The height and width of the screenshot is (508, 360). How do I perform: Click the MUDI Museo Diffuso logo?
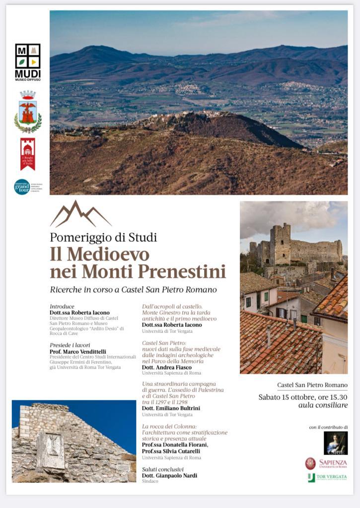tap(28, 62)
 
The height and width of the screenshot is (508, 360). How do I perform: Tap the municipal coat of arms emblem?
tap(28, 112)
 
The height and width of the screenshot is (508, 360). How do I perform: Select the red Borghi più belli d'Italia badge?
tap(28, 153)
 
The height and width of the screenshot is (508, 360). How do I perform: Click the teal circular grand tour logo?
tap(22, 187)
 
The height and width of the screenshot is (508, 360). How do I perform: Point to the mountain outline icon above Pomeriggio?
tap(80, 214)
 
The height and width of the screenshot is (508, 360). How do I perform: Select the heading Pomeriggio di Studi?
tap(103, 237)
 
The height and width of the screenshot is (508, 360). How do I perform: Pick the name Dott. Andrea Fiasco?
tap(166, 367)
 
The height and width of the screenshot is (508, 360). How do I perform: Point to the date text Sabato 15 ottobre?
tap(286, 397)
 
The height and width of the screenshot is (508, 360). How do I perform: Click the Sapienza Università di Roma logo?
tap(326, 463)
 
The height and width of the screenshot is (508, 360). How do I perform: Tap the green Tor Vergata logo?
tap(327, 477)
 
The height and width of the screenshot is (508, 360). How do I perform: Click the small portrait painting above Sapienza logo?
tap(336, 443)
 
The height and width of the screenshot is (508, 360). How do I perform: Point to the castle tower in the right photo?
tap(281, 245)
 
